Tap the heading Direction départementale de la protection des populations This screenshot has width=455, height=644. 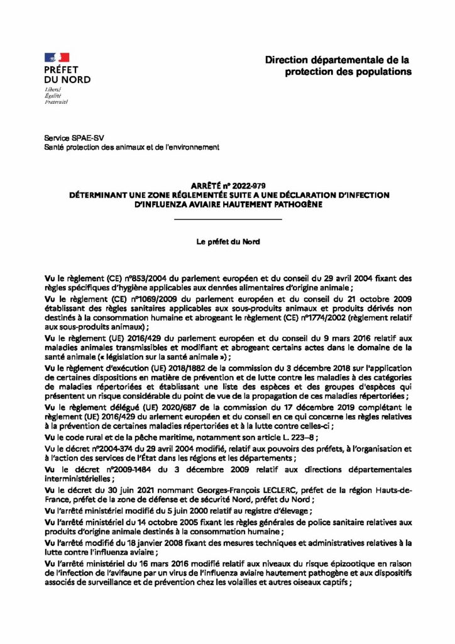[338, 65]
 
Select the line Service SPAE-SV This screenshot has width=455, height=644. [68, 137]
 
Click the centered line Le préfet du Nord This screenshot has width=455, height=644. [227, 241]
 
